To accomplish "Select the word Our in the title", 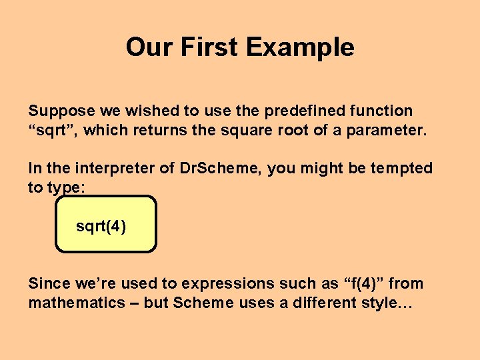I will click(x=145, y=47).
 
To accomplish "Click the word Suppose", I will click(x=57, y=111).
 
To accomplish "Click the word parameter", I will click(x=388, y=130).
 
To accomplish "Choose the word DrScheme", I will click(x=221, y=169).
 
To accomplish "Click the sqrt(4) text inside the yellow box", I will click(x=101, y=227).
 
